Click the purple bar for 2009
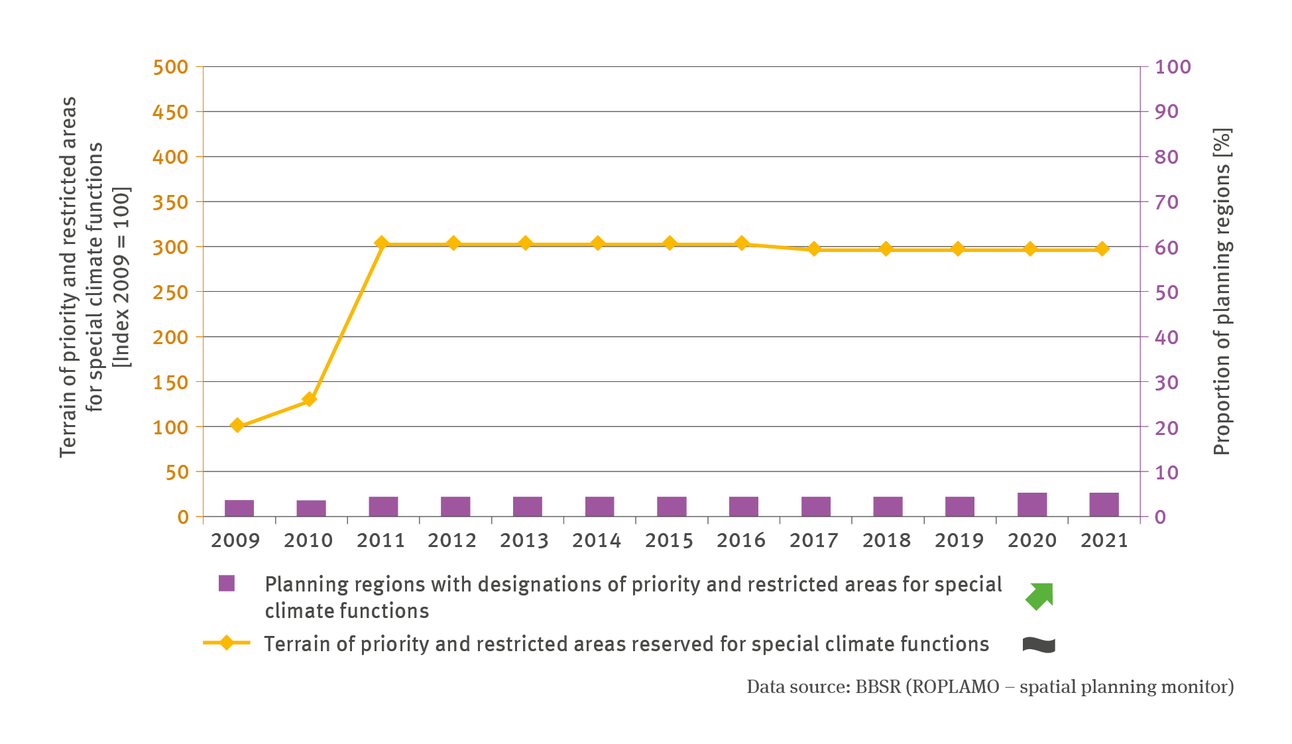click(x=239, y=508)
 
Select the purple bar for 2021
click(x=1104, y=505)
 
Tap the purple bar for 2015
click(x=672, y=507)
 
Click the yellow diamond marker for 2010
click(x=309, y=399)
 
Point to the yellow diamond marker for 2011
click(x=381, y=243)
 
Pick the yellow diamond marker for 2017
click(x=815, y=249)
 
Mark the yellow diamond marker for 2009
click(x=237, y=425)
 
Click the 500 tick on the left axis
click(x=170, y=67)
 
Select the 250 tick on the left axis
click(x=170, y=292)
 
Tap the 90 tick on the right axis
click(x=1167, y=111)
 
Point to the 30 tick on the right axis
click(x=1167, y=382)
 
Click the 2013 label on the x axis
click(x=524, y=540)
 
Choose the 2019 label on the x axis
click(x=959, y=540)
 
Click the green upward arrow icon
click(x=1039, y=595)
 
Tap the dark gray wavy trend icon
click(x=1039, y=645)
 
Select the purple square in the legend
click(x=227, y=584)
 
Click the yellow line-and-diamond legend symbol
click(x=227, y=643)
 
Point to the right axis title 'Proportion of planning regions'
click(x=1222, y=292)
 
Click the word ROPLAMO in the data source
click(x=955, y=686)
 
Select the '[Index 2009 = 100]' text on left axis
click(x=122, y=277)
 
